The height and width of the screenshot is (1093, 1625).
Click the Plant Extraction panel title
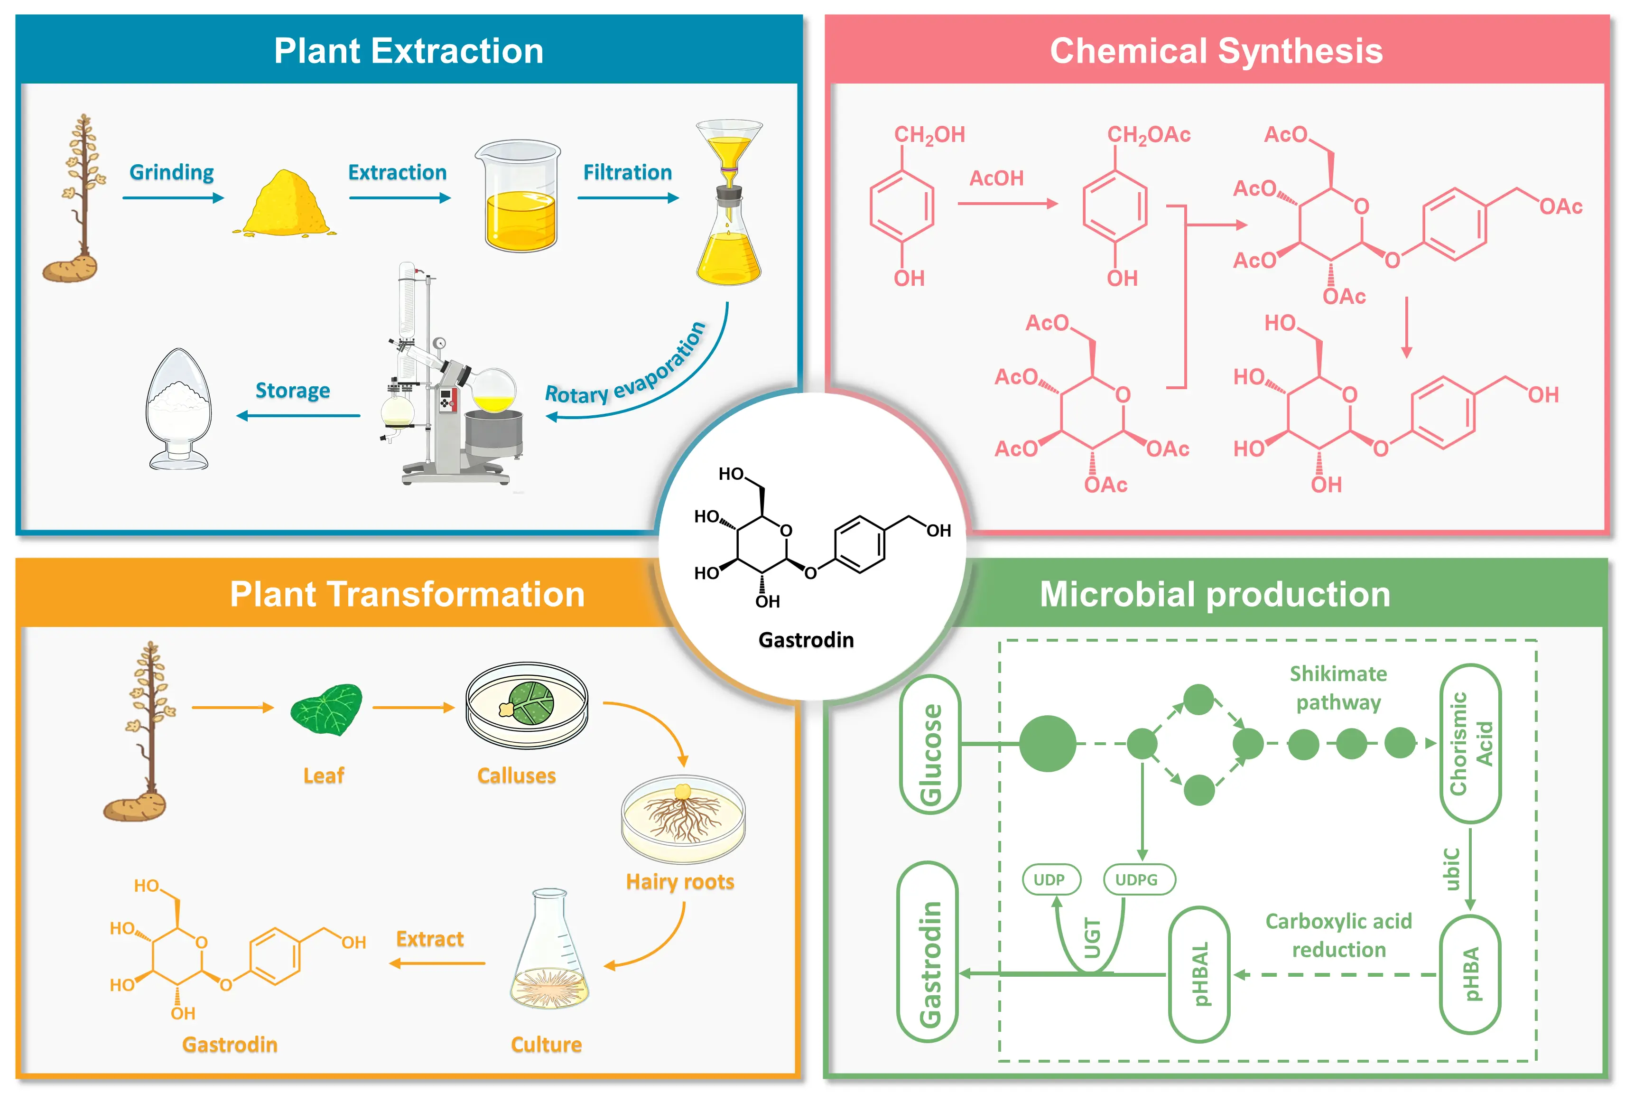coord(409,51)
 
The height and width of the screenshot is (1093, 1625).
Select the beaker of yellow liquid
coord(519,196)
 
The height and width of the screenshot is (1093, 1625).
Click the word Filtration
coord(627,172)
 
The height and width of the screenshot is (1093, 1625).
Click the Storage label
coord(293,390)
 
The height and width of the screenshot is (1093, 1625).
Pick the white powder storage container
coord(178,409)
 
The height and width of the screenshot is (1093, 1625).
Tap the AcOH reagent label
coord(996,178)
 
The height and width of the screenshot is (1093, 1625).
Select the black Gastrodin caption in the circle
coord(806,640)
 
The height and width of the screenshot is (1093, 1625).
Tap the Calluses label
coord(516,776)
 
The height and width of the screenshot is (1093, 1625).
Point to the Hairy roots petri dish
coord(683,820)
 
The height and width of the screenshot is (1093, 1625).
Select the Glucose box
coord(930,745)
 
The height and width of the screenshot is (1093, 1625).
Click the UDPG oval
coord(1139,880)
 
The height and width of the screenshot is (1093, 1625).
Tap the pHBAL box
coord(1199,974)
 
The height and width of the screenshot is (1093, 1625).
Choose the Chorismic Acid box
coord(1470,744)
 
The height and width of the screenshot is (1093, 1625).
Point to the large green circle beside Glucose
coord(1047,744)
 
